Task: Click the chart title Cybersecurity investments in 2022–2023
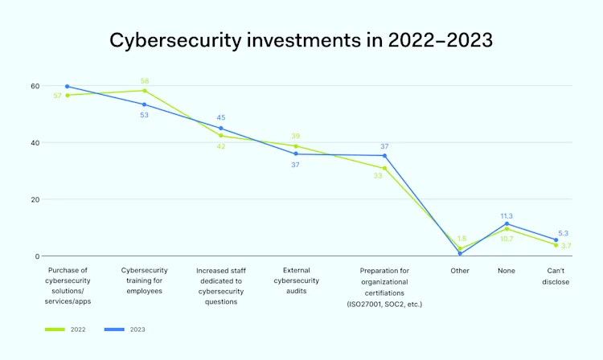coord(301,40)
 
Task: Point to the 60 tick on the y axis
coord(35,86)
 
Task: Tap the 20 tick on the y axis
coord(35,199)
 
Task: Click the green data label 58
coord(145,81)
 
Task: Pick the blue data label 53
coord(145,115)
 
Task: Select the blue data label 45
coord(221,118)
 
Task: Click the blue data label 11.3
coord(507,215)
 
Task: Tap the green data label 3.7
coord(565,245)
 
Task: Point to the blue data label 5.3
coord(562,233)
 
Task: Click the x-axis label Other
coord(460,271)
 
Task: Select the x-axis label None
coord(507,271)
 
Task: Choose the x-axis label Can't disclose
coord(556,276)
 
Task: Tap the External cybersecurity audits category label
coord(296,280)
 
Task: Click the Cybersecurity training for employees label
coord(145,280)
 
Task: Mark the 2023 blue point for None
coord(507,224)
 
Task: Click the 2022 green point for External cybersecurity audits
coord(296,146)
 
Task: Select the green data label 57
coord(57,96)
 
